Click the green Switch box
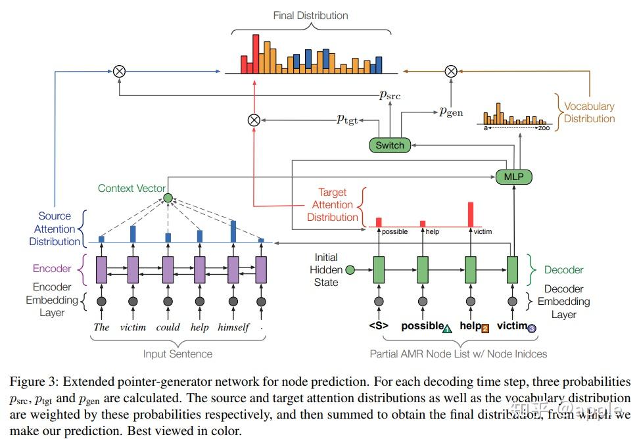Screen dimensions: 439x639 tap(390, 145)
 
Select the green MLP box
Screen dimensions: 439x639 tap(513, 177)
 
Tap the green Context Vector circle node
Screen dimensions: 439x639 tap(168, 198)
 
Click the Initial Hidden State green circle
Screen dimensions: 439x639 tap(350, 269)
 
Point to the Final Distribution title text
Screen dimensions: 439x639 tap(310, 15)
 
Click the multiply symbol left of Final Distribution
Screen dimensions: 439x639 tap(119, 71)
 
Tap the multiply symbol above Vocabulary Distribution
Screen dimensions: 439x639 tap(451, 71)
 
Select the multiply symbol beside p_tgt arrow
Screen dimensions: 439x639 tap(254, 120)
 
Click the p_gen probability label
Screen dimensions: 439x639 tap(451, 112)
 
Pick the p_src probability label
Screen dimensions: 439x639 tap(390, 95)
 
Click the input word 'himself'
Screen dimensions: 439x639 tap(233, 327)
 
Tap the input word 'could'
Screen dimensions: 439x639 tap(168, 327)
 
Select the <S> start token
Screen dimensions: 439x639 tap(378, 327)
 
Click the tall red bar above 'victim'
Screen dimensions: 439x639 tap(471, 214)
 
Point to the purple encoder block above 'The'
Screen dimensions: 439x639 tap(102, 269)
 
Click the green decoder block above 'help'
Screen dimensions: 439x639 tap(471, 269)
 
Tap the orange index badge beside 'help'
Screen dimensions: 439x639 tap(485, 329)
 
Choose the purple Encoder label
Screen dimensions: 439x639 tap(51, 269)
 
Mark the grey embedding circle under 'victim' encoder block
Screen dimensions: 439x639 tap(133, 302)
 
